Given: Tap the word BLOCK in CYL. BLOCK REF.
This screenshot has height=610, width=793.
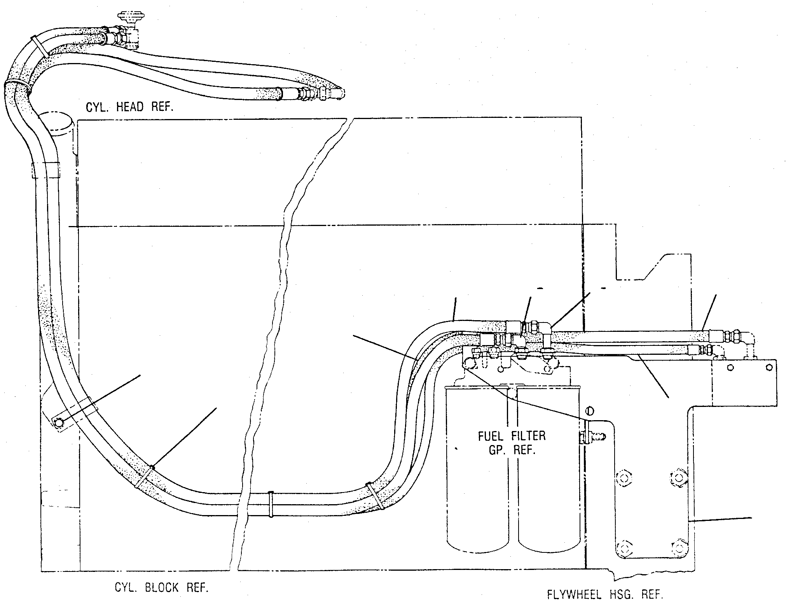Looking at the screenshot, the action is pos(162,587).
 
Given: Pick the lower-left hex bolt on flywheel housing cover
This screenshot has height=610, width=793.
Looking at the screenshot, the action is pos(625,549).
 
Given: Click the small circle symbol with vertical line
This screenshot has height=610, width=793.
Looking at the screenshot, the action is pos(589,411).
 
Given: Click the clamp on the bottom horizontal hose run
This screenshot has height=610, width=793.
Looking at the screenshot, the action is pos(271,505).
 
